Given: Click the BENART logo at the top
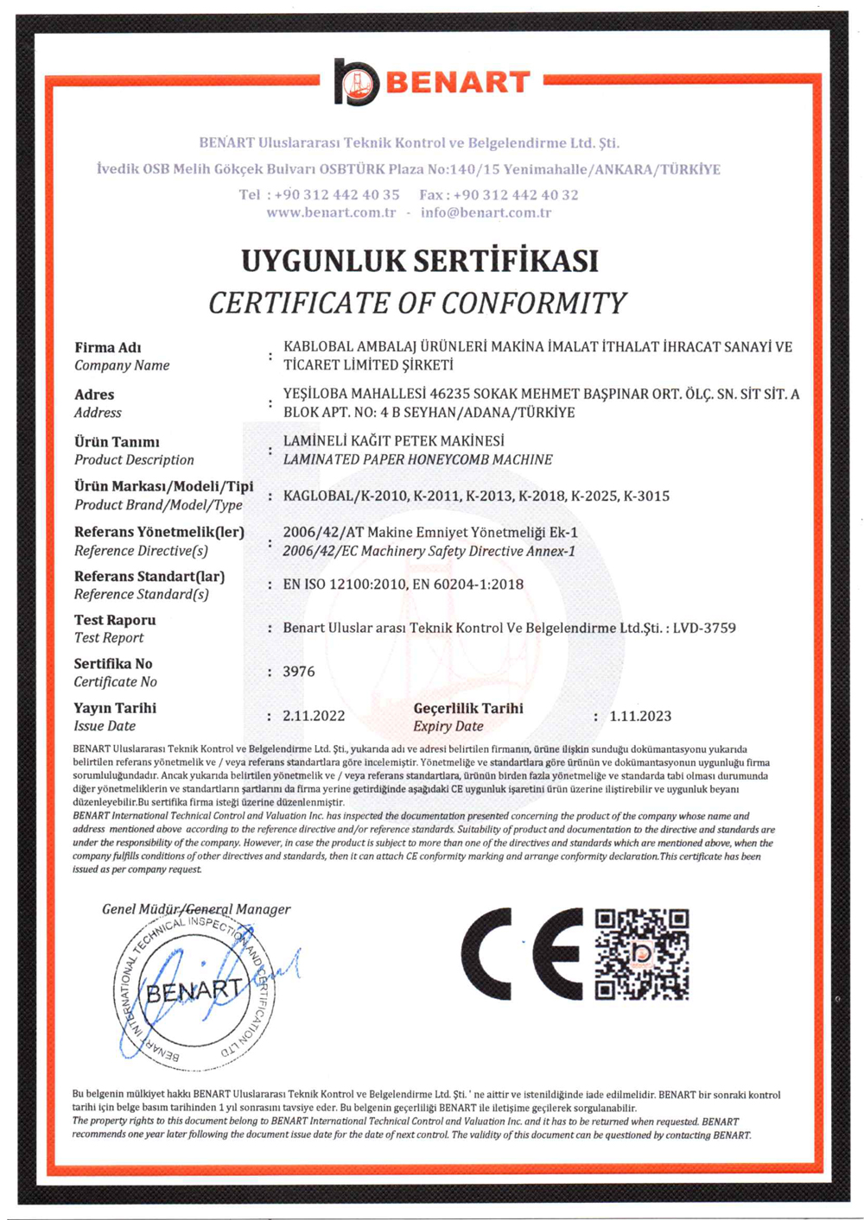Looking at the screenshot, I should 432,82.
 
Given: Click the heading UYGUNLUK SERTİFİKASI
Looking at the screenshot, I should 420,261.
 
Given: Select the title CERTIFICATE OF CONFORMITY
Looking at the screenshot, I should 417,303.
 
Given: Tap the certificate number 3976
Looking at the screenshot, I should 299,672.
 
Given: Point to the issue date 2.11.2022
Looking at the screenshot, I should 314,716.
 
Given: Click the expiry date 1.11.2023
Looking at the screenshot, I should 640,716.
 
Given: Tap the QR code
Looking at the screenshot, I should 642,954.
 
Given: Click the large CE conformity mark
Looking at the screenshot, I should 522,954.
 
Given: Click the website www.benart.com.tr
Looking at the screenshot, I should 331,212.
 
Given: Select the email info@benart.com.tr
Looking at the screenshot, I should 486,212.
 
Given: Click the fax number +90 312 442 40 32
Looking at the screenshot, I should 516,195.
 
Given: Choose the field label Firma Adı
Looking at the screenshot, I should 107,348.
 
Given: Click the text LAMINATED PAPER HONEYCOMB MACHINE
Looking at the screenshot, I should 417,459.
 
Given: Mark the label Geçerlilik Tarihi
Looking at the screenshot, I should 468,708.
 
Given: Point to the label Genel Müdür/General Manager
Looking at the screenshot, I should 196,909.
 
